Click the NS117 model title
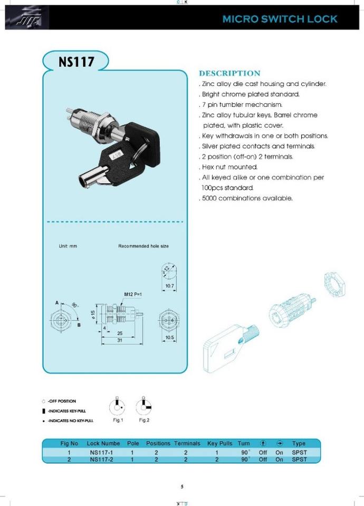click(x=76, y=62)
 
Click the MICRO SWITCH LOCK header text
click(x=280, y=19)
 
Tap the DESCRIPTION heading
click(x=229, y=73)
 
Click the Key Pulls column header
click(x=220, y=444)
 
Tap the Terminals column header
click(x=187, y=444)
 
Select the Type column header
click(x=299, y=444)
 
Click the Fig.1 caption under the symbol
click(x=118, y=420)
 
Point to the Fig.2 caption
click(x=144, y=420)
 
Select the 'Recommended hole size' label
click(x=143, y=246)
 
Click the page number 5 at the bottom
click(x=182, y=486)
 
